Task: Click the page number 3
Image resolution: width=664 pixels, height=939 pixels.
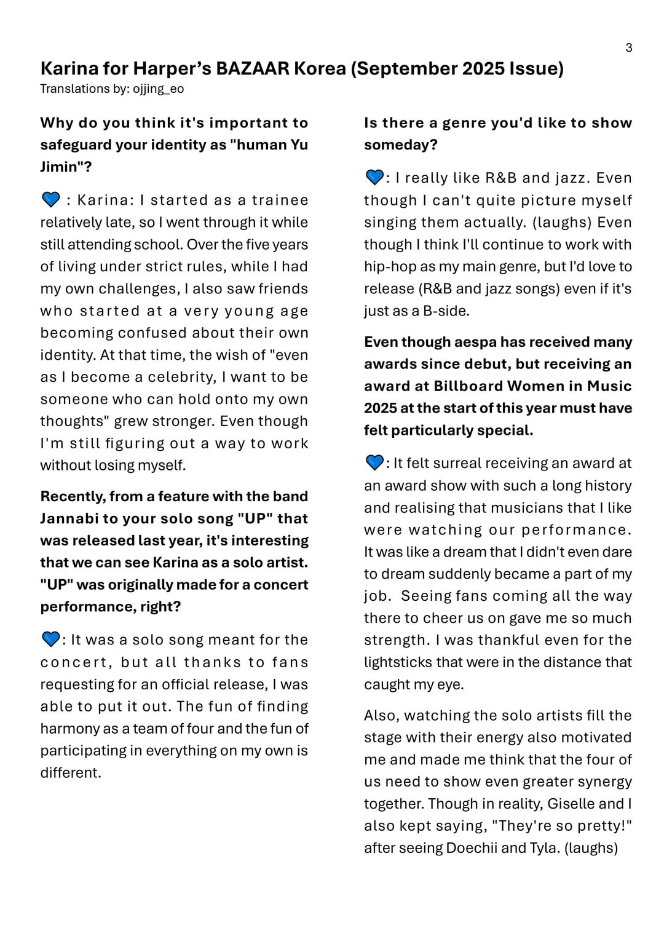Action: (628, 48)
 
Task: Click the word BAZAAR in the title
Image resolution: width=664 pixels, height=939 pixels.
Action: (252, 68)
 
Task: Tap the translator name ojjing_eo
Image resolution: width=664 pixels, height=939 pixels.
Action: (158, 89)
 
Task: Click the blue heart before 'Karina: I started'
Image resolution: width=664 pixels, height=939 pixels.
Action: (50, 199)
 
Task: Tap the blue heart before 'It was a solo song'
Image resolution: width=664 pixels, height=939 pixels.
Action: (50, 639)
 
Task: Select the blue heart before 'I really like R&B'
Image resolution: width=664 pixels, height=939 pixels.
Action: (374, 177)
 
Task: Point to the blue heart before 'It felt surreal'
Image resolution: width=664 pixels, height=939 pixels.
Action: (374, 462)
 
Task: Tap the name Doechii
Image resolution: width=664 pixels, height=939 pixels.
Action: (472, 848)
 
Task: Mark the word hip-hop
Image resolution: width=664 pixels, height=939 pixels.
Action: (387, 266)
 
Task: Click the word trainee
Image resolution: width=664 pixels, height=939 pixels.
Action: (280, 200)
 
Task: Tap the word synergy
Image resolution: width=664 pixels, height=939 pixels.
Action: (599, 782)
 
